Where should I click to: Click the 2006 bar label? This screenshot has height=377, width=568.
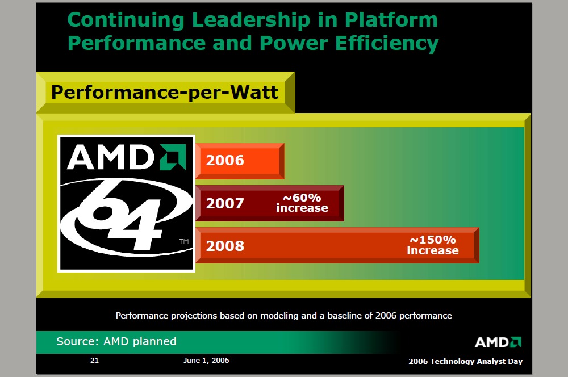pos(225,161)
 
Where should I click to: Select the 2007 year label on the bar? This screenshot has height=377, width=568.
pos(225,203)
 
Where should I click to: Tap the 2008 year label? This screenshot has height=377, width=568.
pos(225,246)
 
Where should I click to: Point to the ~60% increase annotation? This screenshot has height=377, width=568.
pos(302,203)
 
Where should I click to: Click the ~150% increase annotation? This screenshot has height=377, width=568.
pos(433,245)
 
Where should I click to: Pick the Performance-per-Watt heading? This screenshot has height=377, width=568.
pos(165,92)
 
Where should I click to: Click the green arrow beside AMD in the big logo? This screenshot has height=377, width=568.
pos(172,157)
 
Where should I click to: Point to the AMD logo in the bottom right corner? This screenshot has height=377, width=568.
pos(498,342)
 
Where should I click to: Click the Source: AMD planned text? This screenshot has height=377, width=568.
pos(116,341)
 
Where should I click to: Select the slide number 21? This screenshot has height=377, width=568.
pos(94,361)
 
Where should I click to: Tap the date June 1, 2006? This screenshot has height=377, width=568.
pos(207,361)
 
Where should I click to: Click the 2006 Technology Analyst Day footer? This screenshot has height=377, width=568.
pos(465,362)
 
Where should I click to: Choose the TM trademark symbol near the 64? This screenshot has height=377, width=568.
pos(183,242)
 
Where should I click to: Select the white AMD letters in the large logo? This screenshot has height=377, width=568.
pos(111,157)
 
